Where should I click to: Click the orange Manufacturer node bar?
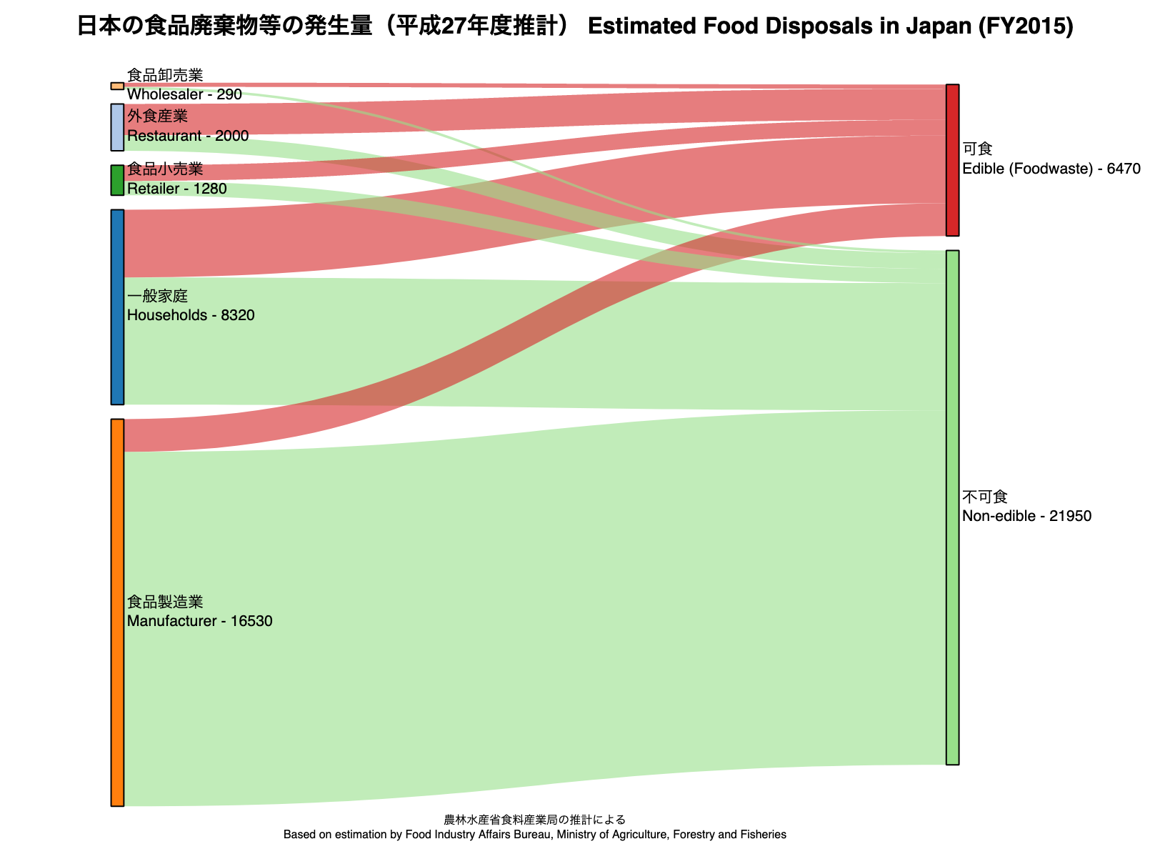[117, 612]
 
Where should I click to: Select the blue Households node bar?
[117, 307]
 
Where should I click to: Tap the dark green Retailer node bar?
[117, 180]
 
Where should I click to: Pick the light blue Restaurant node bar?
[117, 127]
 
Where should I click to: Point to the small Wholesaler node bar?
[117, 86]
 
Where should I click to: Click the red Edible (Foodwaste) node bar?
[952, 160]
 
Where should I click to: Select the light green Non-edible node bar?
[952, 507]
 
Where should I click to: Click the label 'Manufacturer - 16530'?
[199, 621]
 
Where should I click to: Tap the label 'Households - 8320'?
[191, 315]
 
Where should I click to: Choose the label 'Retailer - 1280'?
[176, 189]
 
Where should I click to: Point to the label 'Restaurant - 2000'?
[188, 136]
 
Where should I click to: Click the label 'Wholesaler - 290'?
[184, 94]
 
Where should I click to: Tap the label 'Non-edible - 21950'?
[1026, 516]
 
